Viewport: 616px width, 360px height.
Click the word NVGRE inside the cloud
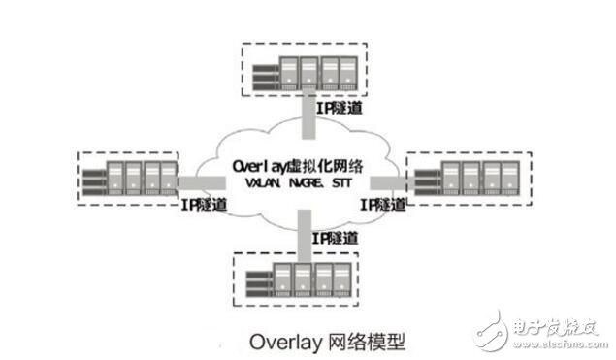[x=305, y=184]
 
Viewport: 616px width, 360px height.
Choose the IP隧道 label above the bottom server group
[x=333, y=239]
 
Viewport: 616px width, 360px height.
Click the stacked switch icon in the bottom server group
[x=258, y=278]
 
